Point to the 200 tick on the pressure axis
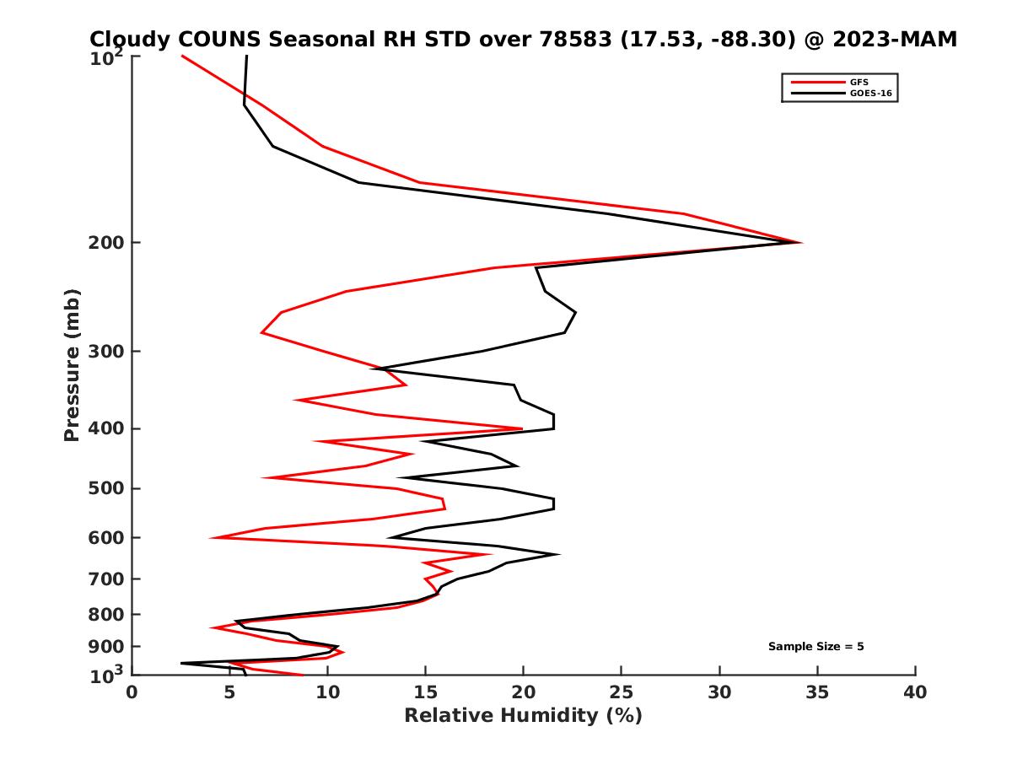(x=107, y=243)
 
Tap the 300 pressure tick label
(x=107, y=351)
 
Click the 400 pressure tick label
(x=107, y=428)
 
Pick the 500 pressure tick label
(x=107, y=488)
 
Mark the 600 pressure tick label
(x=107, y=537)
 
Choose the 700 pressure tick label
(x=107, y=579)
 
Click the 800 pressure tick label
(x=107, y=614)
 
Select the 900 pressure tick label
(x=107, y=646)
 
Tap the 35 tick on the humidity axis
(x=817, y=692)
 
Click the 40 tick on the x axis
(x=915, y=692)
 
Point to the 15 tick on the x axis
(x=426, y=692)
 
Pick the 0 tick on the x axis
(x=132, y=692)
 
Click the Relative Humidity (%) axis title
(x=523, y=715)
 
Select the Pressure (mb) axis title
(x=72, y=364)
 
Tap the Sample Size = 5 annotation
(x=816, y=646)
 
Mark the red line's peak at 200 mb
(x=801, y=242)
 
